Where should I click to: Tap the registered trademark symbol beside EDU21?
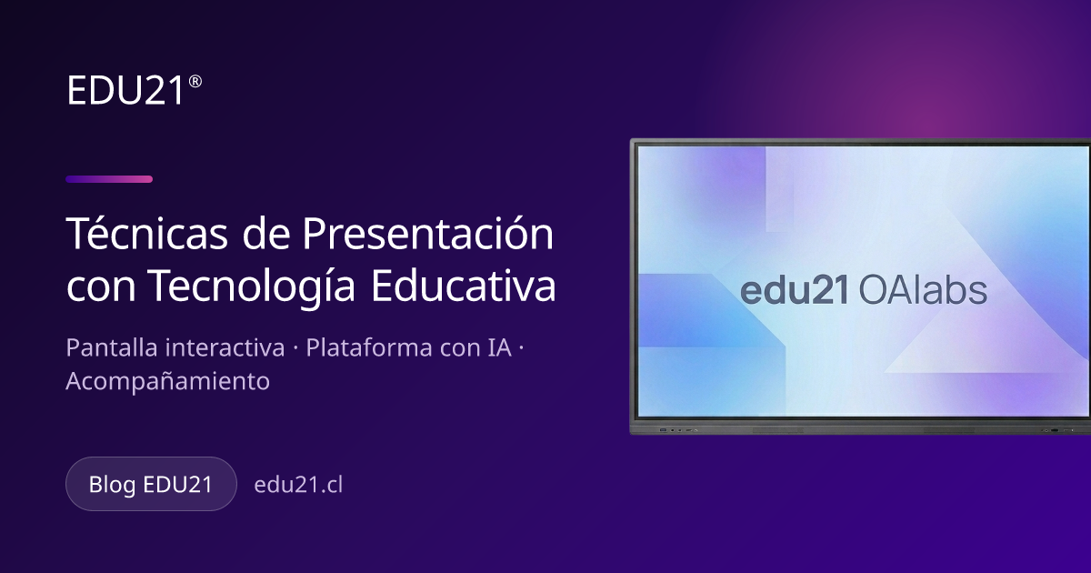click(195, 81)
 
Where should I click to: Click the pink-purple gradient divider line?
click(109, 179)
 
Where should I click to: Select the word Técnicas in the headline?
click(146, 233)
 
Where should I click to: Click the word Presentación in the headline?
click(427, 233)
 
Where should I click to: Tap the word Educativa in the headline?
click(463, 285)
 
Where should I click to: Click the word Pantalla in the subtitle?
click(112, 347)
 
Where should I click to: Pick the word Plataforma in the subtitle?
click(369, 347)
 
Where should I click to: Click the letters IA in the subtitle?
click(499, 347)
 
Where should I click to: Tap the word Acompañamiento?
click(167, 380)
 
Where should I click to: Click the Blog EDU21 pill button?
click(151, 484)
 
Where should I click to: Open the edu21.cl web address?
click(298, 484)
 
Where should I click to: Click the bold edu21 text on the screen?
click(795, 290)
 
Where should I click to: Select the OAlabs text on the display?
click(923, 290)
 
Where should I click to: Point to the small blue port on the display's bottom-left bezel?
click(663, 430)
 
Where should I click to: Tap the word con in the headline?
click(101, 287)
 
